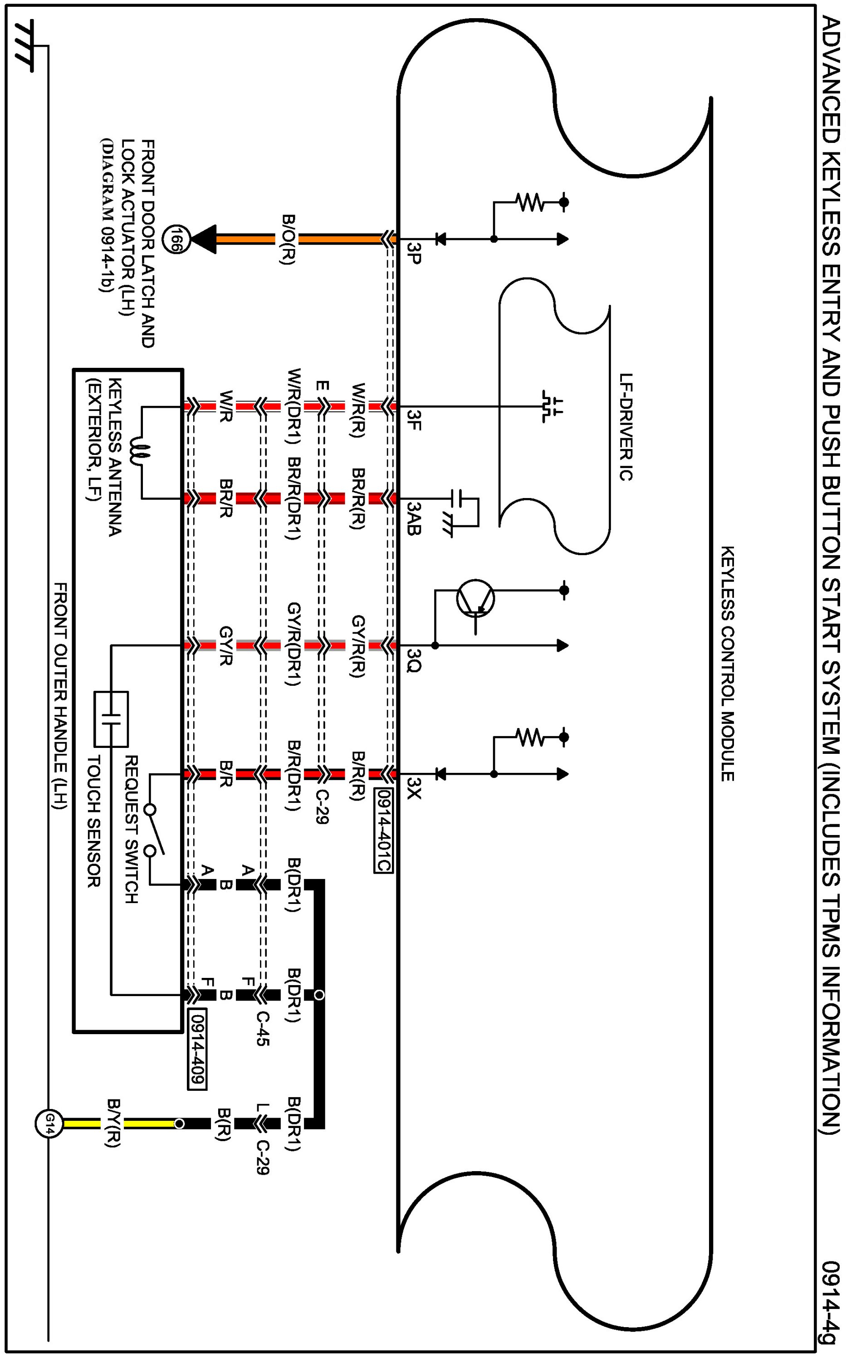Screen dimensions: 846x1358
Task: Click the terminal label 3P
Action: pos(414,253)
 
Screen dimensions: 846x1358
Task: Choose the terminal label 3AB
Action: pos(414,518)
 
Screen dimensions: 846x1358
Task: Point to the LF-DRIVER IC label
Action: pos(626,427)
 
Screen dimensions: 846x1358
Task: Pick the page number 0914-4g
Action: pos(831,1293)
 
